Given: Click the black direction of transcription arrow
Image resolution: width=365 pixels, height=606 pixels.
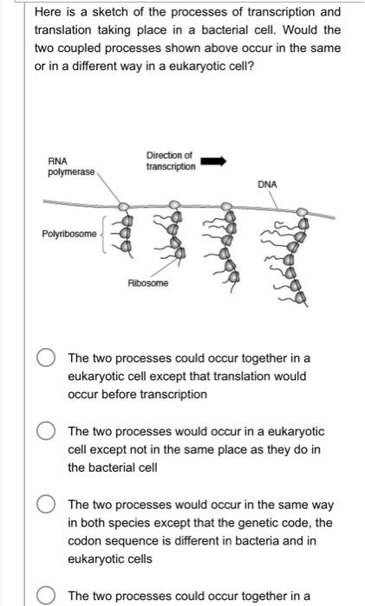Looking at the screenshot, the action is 213,161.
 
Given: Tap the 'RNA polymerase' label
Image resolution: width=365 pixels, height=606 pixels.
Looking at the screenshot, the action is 71,166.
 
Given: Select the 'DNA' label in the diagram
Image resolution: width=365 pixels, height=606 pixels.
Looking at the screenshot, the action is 267,184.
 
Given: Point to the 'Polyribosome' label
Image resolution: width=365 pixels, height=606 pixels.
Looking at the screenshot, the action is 69,234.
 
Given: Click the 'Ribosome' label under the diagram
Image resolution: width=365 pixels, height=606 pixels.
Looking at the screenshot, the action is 148,283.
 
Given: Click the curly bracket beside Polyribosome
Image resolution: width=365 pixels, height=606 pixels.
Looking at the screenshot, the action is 104,235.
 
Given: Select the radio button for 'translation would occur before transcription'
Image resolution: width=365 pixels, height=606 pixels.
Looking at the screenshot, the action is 46,358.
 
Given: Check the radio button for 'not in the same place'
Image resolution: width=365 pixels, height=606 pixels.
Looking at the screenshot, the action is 46,431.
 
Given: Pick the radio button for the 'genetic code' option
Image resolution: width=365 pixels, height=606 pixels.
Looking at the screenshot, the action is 46,505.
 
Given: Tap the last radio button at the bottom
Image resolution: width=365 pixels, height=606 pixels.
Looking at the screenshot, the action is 46,596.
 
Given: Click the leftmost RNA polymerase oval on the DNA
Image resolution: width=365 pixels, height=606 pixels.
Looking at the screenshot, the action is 124,207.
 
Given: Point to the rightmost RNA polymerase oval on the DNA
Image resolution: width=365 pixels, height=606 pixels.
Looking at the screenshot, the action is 302,212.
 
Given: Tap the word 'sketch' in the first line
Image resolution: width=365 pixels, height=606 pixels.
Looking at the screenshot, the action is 109,12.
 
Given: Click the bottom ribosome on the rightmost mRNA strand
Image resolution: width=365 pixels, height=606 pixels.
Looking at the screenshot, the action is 301,298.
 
